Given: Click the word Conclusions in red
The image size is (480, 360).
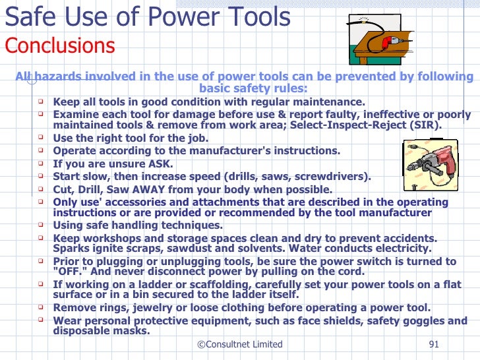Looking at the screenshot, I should click(60, 46).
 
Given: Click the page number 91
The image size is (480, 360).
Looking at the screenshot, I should click(434, 344).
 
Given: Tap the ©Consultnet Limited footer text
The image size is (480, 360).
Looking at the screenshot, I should click(239, 344).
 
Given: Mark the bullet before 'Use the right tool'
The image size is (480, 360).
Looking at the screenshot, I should click(41, 138).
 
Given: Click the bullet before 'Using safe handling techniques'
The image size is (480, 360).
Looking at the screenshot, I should click(41, 225).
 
